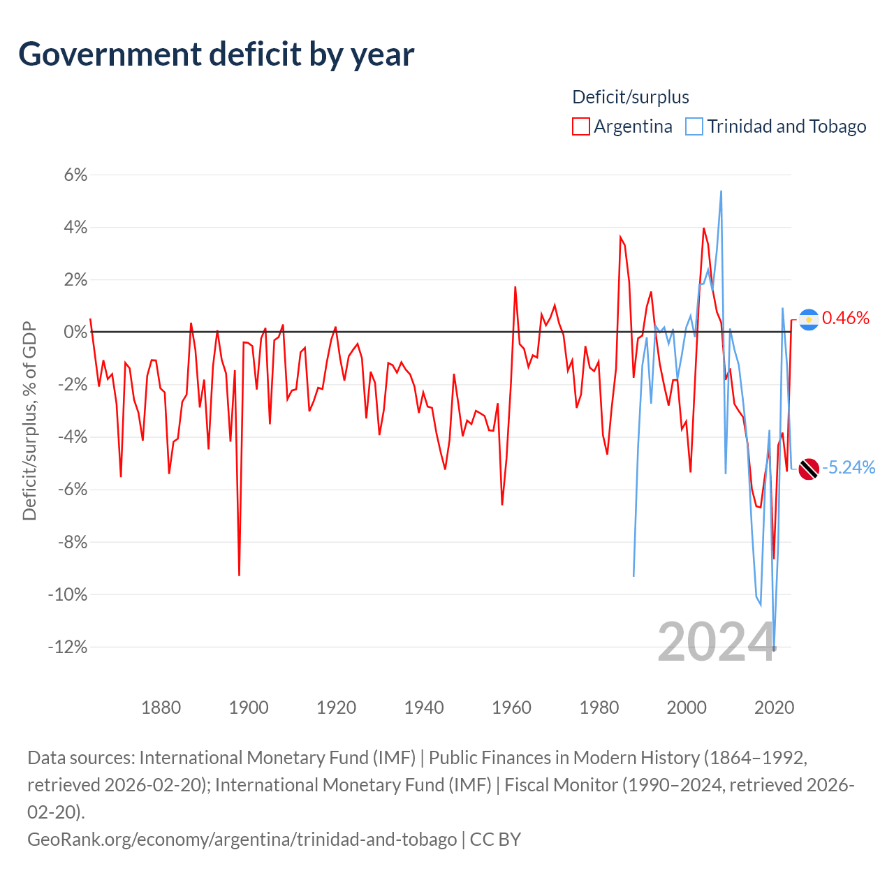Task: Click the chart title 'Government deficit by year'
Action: coord(216,55)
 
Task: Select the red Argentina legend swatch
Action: coord(580,126)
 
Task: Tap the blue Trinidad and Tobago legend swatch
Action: coord(694,126)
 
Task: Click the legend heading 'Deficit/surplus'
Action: coord(630,97)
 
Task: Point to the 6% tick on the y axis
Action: coord(75,175)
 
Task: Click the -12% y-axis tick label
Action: coord(68,647)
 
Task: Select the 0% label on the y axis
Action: coord(75,332)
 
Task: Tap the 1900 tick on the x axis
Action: coord(249,708)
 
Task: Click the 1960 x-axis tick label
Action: coord(511,708)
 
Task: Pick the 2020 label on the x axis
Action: coord(774,708)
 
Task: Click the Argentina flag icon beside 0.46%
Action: coord(809,320)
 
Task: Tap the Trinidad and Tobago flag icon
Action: coord(809,469)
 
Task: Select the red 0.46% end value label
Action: coord(845,318)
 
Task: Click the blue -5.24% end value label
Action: coord(849,468)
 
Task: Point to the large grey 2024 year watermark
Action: coord(717,642)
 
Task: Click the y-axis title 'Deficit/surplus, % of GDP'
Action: coord(30,420)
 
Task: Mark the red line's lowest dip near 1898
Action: coord(239,576)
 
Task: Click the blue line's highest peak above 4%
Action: coord(721,191)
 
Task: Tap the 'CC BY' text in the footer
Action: coord(495,840)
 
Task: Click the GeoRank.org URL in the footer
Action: coord(242,840)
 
